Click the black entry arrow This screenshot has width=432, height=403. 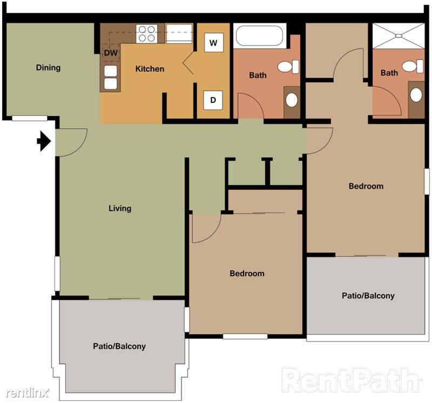[x=44, y=141]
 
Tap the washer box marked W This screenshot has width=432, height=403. [x=213, y=43]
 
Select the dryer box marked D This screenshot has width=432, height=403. [x=213, y=100]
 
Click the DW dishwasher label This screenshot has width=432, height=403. [x=111, y=53]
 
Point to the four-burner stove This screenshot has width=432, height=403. [x=146, y=33]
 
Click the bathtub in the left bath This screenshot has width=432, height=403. [x=259, y=36]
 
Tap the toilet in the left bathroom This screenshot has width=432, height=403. [x=288, y=66]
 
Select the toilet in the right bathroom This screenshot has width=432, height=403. [x=413, y=66]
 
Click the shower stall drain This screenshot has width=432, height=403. [x=399, y=36]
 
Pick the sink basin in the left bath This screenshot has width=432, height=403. [x=292, y=100]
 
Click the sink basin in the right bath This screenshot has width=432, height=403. [x=416, y=95]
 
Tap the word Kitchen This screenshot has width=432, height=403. [x=150, y=69]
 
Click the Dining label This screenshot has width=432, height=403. [x=48, y=67]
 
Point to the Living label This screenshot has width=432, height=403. [x=120, y=208]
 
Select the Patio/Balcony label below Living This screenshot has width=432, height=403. [x=119, y=346]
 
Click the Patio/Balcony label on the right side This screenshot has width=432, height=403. [x=368, y=296]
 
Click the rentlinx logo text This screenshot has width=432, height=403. [x=28, y=392]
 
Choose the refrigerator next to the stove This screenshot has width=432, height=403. [x=179, y=33]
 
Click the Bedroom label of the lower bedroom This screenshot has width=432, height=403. [x=247, y=274]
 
